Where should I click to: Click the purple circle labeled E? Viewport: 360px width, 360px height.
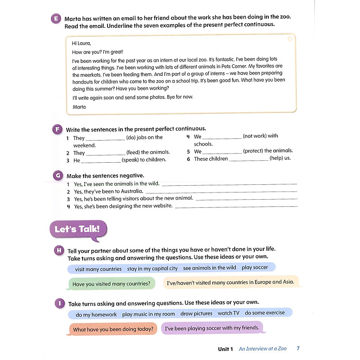(56, 20)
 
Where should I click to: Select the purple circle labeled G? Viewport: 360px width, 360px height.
(58, 176)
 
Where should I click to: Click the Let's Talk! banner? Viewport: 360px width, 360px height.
(78, 229)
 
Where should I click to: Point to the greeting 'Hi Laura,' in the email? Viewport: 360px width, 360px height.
(81, 43)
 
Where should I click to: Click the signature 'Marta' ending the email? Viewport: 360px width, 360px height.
(79, 107)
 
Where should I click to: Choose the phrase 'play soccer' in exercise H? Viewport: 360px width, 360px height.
(255, 268)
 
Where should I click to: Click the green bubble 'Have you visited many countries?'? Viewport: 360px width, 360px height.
(111, 284)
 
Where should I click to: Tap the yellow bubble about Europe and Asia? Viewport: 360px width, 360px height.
(230, 283)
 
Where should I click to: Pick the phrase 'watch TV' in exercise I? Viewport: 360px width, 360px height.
(228, 313)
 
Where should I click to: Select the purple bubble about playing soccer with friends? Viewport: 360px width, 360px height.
(212, 328)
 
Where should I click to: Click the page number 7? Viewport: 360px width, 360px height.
(298, 348)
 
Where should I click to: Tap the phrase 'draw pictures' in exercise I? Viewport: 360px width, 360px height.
(196, 314)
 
